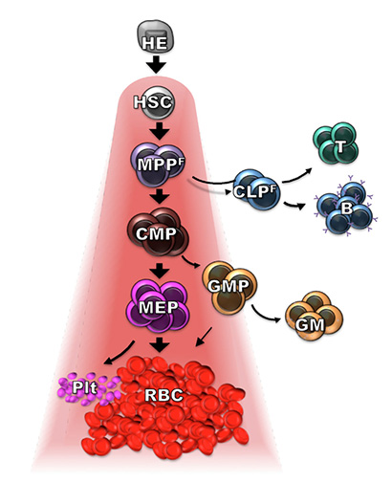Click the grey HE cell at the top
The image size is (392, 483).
coord(156,37)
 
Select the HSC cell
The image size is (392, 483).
coord(154,102)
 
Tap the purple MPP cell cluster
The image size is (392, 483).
coord(158,165)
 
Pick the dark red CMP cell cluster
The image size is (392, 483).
coord(158,231)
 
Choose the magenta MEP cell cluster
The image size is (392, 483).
coord(158,305)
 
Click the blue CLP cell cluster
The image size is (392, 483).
coord(256,189)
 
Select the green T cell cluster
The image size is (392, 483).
coord(336,143)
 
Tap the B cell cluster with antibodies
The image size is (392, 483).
coord(345,208)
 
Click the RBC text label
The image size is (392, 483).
coord(163,395)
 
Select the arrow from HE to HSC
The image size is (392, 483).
coord(156,65)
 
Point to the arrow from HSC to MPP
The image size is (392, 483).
coord(160,131)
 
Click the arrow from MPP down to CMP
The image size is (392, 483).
coord(160,196)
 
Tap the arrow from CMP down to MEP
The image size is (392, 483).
coord(160,271)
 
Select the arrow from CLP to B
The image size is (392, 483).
coord(294,205)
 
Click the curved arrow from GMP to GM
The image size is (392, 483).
coord(265,316)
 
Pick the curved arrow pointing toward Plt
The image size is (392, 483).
coord(119,354)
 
